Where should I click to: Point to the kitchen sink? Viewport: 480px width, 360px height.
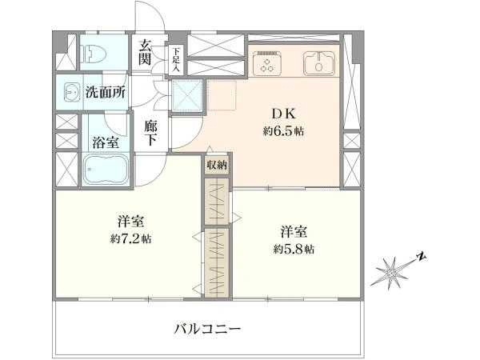pyautogui.click(x=321, y=62)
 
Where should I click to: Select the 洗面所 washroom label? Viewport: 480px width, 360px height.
pyautogui.click(x=106, y=92)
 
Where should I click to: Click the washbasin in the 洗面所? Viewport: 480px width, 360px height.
pyautogui.click(x=70, y=92)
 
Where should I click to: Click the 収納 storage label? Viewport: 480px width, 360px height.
pyautogui.click(x=216, y=165)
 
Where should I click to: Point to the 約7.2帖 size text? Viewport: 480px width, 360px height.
pyautogui.click(x=126, y=239)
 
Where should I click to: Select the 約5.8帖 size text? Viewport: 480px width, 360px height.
pyautogui.click(x=291, y=250)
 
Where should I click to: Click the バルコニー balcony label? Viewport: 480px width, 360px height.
pyautogui.click(x=206, y=328)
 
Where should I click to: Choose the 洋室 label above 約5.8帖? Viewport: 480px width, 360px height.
pyautogui.click(x=291, y=232)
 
